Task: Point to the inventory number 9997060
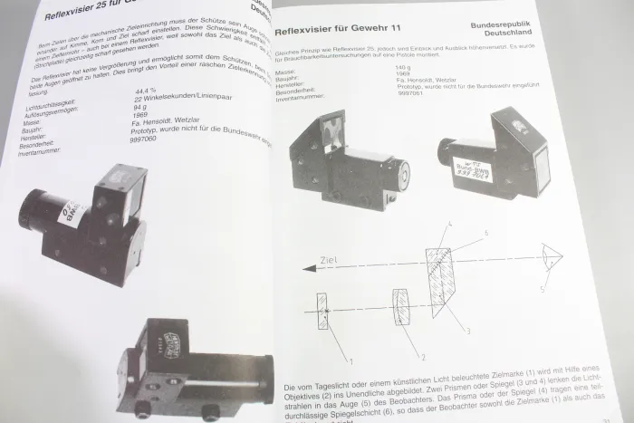pyautogui.click(x=150, y=139)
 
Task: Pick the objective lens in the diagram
pyautogui.click(x=402, y=311)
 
